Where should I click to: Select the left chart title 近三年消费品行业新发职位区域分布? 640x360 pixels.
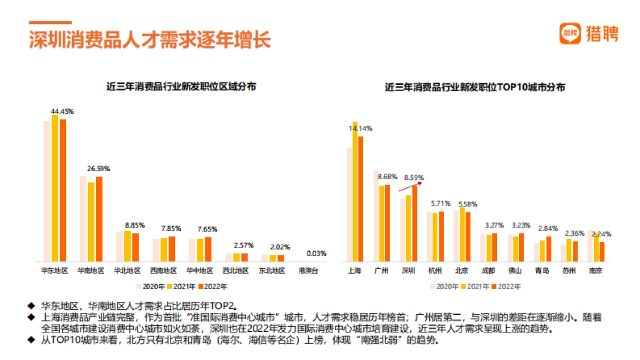click(181, 87)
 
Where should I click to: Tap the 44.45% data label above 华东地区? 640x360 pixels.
click(62, 111)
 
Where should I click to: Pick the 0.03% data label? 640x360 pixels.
click(316, 253)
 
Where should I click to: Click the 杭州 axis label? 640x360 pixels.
click(435, 270)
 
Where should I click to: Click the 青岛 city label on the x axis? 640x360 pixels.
click(542, 270)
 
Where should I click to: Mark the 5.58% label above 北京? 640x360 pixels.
click(467, 204)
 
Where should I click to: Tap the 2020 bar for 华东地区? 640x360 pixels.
click(47, 191)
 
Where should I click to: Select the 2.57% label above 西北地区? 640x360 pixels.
click(244, 245)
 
